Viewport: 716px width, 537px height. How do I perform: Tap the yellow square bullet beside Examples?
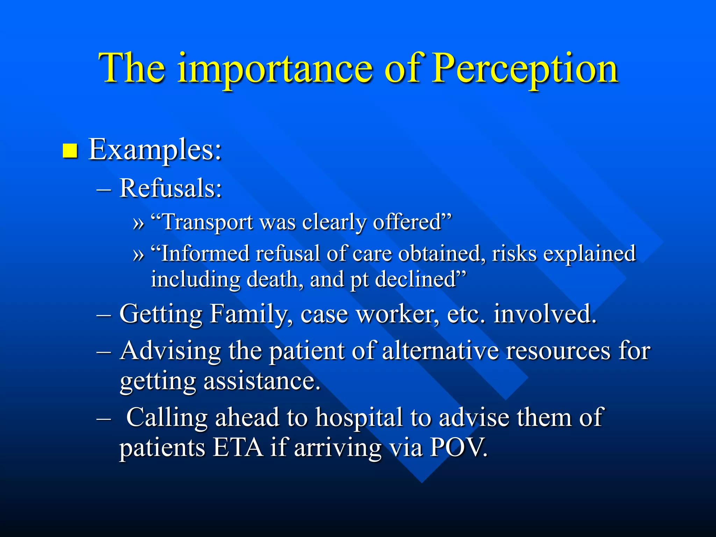click(x=70, y=151)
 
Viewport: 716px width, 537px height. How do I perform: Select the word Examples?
click(x=155, y=150)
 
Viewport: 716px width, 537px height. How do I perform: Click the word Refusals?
click(x=171, y=188)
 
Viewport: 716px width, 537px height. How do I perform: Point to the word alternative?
click(x=441, y=351)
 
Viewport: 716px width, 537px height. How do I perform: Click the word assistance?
click(x=262, y=381)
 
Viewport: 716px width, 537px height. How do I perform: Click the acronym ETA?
click(x=238, y=447)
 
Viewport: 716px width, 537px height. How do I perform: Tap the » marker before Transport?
click(x=138, y=223)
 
